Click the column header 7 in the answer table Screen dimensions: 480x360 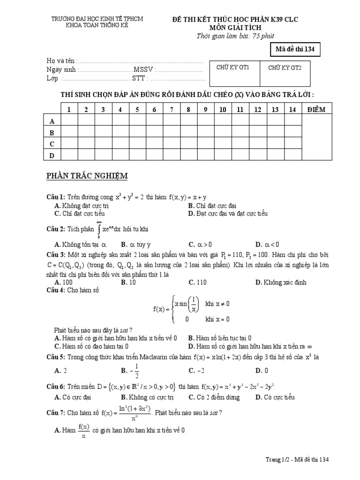[172, 110]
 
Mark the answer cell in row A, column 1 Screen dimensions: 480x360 [69, 121]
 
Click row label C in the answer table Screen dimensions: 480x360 [52, 144]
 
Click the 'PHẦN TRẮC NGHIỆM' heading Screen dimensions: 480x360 [87, 176]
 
